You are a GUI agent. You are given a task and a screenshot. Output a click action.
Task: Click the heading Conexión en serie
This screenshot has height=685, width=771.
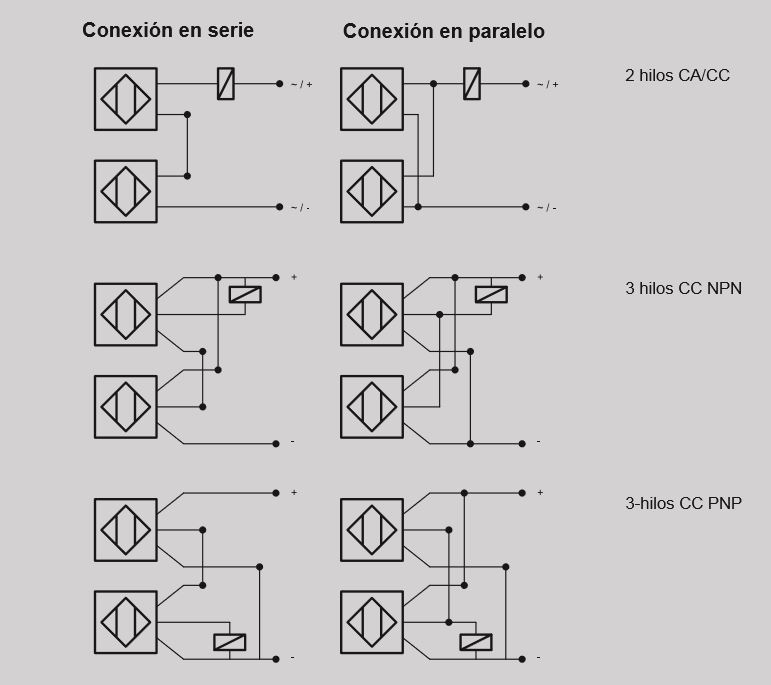[168, 30]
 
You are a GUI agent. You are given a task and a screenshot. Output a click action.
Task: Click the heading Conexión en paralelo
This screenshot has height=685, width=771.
[444, 31]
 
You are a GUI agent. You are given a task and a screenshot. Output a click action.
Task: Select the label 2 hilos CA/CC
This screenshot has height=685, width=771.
[677, 75]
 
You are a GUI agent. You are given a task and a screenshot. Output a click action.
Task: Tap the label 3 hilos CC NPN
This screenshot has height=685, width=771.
[683, 288]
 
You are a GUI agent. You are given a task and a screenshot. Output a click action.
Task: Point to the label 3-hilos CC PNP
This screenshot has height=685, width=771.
[683, 503]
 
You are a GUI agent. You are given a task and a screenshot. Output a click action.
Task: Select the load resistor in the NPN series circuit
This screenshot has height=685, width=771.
[245, 294]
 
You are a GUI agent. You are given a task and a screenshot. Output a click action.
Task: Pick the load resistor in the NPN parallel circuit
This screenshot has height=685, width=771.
[491, 294]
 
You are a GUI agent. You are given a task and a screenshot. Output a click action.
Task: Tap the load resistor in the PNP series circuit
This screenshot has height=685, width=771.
[230, 642]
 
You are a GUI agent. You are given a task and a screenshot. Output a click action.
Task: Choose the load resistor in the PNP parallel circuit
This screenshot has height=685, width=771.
[475, 642]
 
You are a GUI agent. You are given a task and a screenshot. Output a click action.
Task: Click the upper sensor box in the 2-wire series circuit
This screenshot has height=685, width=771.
[125, 99]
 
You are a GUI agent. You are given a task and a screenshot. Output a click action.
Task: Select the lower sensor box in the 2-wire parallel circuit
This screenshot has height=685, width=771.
[372, 191]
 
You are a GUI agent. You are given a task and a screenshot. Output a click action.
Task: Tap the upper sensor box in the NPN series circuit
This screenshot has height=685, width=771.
[125, 314]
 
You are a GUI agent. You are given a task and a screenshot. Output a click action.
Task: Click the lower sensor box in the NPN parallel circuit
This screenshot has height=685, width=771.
[372, 406]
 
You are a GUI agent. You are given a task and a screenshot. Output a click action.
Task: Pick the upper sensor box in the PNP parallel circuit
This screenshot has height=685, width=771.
[372, 530]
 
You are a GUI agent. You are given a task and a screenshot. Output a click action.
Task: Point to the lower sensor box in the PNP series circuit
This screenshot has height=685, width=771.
[125, 622]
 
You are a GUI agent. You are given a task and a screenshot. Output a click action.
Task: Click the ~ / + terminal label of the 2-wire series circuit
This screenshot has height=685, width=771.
[301, 85]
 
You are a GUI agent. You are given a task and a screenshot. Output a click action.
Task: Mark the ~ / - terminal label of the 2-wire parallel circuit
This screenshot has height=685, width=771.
[547, 208]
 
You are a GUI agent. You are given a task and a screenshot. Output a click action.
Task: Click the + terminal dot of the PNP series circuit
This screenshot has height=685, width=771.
[278, 492]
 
